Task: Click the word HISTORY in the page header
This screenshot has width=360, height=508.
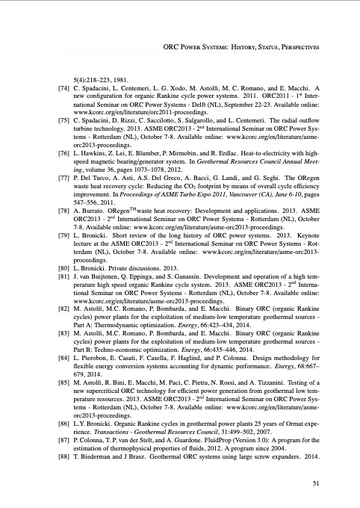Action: click(249, 46)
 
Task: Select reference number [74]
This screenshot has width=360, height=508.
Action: click(63, 88)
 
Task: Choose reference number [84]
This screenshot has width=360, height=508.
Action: click(63, 380)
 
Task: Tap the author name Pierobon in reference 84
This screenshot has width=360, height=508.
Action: click(98, 380)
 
